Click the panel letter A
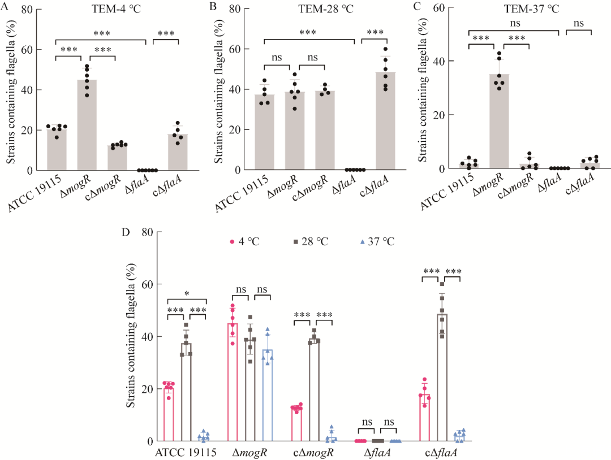pos(6,6)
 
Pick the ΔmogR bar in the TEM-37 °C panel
pos(498,121)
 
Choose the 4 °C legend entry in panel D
pos(244,241)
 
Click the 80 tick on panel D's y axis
pos(147,232)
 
